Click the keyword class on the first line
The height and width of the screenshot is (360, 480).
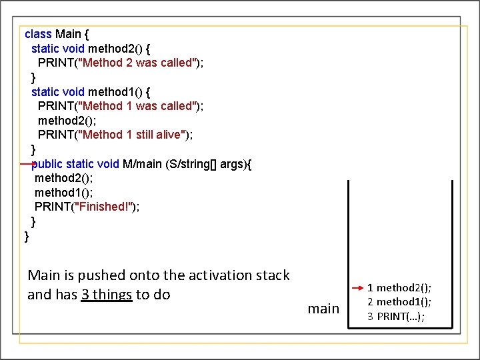(38, 34)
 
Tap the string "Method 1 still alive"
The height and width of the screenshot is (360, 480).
(133, 135)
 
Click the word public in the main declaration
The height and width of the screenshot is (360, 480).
(48, 164)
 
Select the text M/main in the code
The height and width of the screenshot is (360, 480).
(142, 164)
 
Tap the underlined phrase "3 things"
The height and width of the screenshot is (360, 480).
(107, 295)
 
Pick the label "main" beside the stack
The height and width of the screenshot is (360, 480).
(323, 308)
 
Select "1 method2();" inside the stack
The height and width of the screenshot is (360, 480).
(399, 288)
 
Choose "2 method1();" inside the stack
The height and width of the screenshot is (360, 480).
(399, 302)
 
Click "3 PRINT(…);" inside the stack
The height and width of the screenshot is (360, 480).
(396, 316)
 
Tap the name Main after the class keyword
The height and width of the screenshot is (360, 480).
(68, 34)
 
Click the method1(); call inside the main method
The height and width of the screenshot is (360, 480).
(63, 193)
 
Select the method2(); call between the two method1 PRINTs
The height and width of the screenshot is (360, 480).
(67, 121)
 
